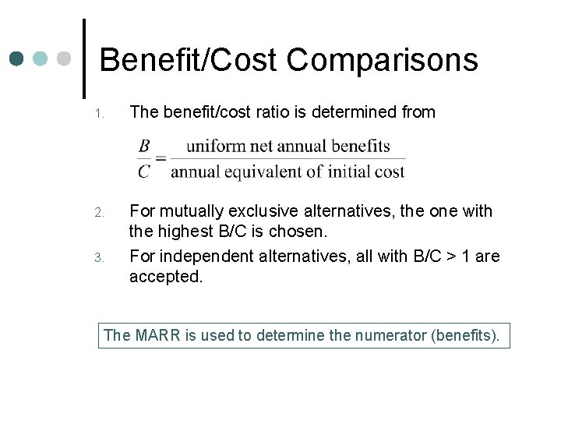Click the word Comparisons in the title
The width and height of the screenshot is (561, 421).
383,61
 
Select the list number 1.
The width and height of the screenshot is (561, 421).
100,114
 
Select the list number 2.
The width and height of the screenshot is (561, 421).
100,212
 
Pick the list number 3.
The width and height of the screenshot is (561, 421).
100,256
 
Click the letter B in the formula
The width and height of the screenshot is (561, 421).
144,146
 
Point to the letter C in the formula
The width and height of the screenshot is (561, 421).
144,171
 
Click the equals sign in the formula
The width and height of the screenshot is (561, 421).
161,158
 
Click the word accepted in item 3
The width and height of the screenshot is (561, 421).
165,277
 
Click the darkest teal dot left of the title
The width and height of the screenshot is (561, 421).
17,58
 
